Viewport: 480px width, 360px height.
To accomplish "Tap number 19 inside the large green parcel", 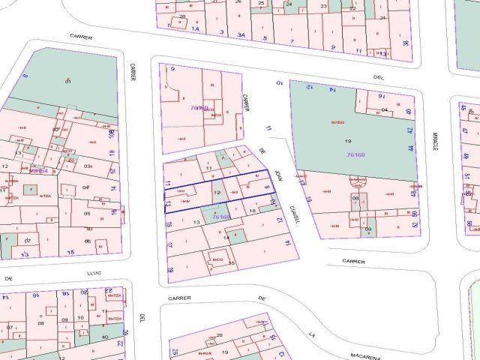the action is (x=347, y=140).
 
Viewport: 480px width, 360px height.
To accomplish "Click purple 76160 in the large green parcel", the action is (x=356, y=154).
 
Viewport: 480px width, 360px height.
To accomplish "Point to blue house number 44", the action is (x=410, y=148).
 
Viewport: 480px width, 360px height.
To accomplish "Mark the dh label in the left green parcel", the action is (x=68, y=80).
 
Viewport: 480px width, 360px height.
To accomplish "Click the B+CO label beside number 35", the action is (x=217, y=259).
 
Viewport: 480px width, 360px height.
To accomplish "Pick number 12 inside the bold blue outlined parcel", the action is (x=217, y=193).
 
